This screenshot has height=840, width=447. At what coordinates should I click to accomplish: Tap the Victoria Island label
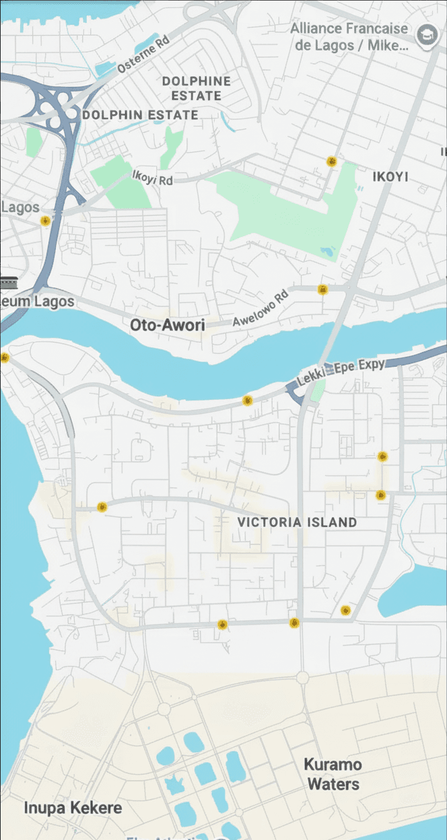click(x=297, y=522)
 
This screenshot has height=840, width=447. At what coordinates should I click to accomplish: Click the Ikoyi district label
click(x=390, y=176)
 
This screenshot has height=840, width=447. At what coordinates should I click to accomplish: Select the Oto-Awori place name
click(x=167, y=325)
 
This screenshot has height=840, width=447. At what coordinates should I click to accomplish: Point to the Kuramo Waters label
click(x=332, y=774)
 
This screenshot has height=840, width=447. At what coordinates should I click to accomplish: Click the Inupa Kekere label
click(x=73, y=808)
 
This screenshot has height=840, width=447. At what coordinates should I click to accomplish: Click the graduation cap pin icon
click(x=425, y=35)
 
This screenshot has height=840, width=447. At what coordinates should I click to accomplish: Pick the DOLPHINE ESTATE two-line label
click(x=196, y=88)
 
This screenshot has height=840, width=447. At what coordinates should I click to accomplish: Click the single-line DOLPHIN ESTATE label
click(x=140, y=115)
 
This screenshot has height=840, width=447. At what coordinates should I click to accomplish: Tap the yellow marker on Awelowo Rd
click(x=322, y=289)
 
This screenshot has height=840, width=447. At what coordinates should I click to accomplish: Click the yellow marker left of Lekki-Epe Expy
click(x=248, y=400)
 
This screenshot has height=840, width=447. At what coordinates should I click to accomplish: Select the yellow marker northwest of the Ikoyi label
click(x=331, y=162)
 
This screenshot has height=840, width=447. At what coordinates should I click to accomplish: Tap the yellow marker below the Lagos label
click(x=45, y=221)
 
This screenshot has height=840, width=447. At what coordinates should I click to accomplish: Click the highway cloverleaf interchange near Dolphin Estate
click(x=57, y=108)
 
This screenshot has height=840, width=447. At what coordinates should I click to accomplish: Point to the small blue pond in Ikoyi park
click(x=327, y=252)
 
